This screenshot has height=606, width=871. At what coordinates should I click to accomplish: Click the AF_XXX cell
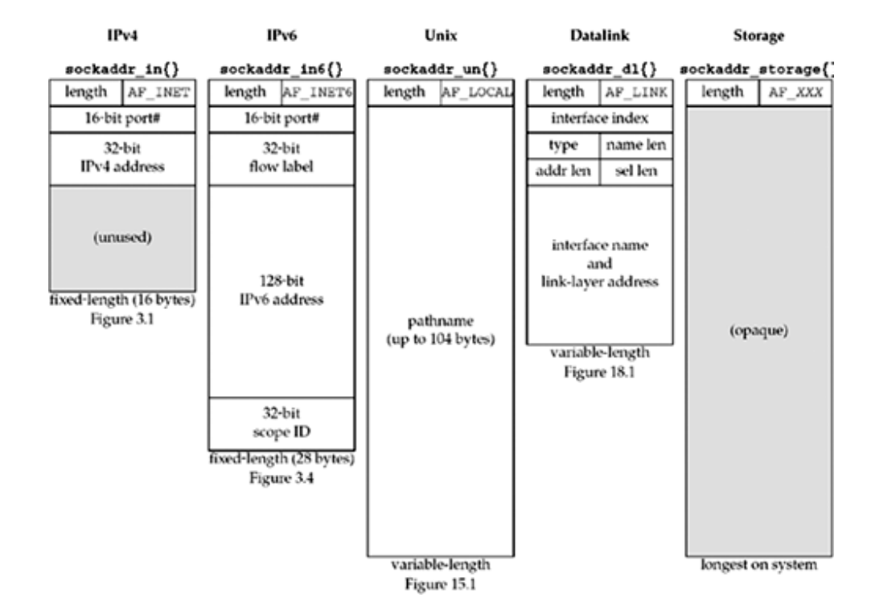[796, 93]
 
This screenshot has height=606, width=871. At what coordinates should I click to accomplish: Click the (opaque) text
[759, 333]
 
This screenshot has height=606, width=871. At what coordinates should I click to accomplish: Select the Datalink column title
[599, 37]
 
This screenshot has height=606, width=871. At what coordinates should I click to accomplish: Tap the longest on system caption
[759, 565]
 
